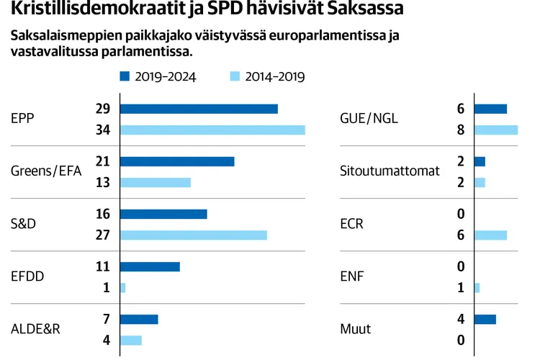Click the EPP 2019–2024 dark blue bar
coord(199,109)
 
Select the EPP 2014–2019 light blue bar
coord(212,130)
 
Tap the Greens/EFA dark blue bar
coord(177,161)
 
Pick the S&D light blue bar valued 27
coord(193,235)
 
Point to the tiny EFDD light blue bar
coord(123,288)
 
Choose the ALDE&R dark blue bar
coord(139,319)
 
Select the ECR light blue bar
coord(491,235)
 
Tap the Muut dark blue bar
coord(485,319)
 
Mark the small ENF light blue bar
coord(477,288)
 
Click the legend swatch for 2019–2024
coord(125,76)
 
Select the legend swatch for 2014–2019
coord(235,76)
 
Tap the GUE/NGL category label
coord(368,119)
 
